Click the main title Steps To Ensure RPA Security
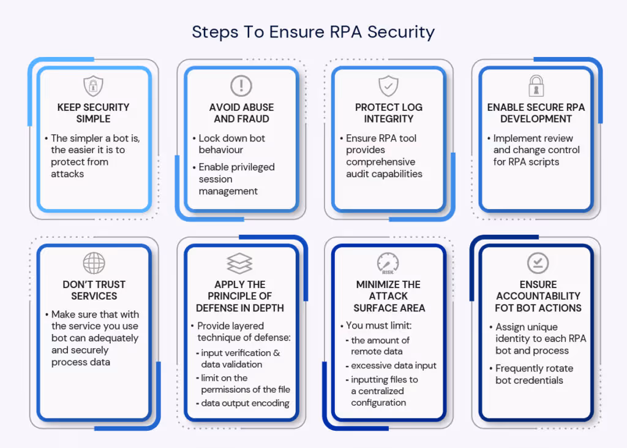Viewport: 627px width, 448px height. pos(313,32)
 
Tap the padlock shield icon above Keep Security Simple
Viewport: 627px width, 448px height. pos(93,86)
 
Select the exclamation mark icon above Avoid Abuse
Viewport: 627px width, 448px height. pos(241,86)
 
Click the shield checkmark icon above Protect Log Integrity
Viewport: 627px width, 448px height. pos(389,86)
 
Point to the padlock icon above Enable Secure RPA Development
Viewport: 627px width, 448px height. pos(536,86)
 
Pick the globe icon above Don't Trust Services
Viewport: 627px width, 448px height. pos(94,263)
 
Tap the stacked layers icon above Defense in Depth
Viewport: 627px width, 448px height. pos(239,264)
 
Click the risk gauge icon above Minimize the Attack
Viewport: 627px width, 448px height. pos(388,264)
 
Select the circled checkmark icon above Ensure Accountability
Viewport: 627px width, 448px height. pos(538,264)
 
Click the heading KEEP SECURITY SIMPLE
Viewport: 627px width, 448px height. pos(93,113)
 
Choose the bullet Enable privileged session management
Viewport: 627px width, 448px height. pos(236,179)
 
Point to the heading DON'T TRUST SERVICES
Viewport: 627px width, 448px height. pos(94,290)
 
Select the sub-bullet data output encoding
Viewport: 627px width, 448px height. pos(245,403)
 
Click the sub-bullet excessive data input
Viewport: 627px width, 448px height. pos(394,365)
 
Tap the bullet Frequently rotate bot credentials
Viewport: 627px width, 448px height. pos(534,374)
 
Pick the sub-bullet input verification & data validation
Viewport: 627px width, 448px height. pos(240,359)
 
